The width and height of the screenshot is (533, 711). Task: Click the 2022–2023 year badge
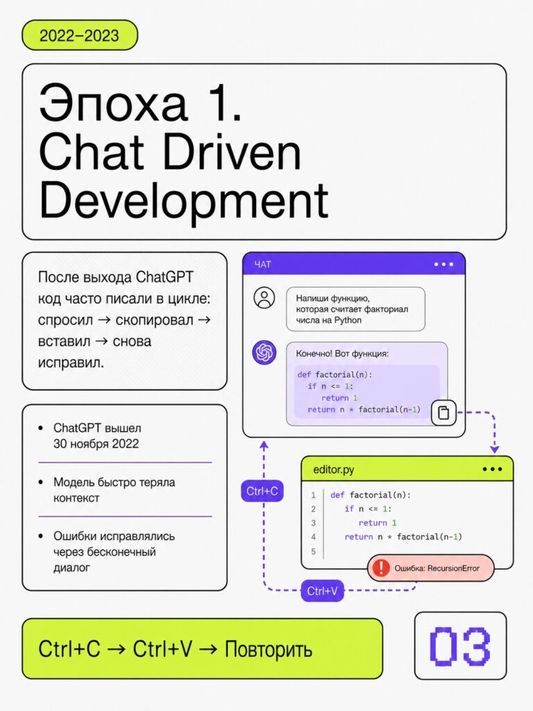80,35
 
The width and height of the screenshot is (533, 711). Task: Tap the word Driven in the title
231,152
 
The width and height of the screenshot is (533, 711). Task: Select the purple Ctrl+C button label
262,491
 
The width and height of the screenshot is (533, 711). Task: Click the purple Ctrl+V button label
322,591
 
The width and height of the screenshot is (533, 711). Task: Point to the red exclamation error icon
381,568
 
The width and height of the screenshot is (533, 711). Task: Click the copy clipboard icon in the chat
443,412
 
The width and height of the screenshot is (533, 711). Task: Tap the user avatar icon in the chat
264,298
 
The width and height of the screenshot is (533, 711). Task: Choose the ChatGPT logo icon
264,352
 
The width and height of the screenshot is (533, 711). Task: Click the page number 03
460,646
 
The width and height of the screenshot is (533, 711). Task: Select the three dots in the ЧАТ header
443,265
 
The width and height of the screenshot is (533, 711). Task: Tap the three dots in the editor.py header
492,469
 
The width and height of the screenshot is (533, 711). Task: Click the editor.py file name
334,470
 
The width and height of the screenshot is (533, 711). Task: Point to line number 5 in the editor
313,551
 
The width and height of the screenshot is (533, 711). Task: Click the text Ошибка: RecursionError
437,568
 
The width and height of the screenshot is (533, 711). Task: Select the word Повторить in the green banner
269,649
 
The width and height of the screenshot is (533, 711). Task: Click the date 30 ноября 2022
96,444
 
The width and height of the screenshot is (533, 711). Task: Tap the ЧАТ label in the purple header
262,265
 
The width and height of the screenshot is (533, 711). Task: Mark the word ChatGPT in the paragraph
165,276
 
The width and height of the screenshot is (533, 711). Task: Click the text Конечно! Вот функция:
342,353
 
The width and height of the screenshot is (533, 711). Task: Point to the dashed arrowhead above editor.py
494,449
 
